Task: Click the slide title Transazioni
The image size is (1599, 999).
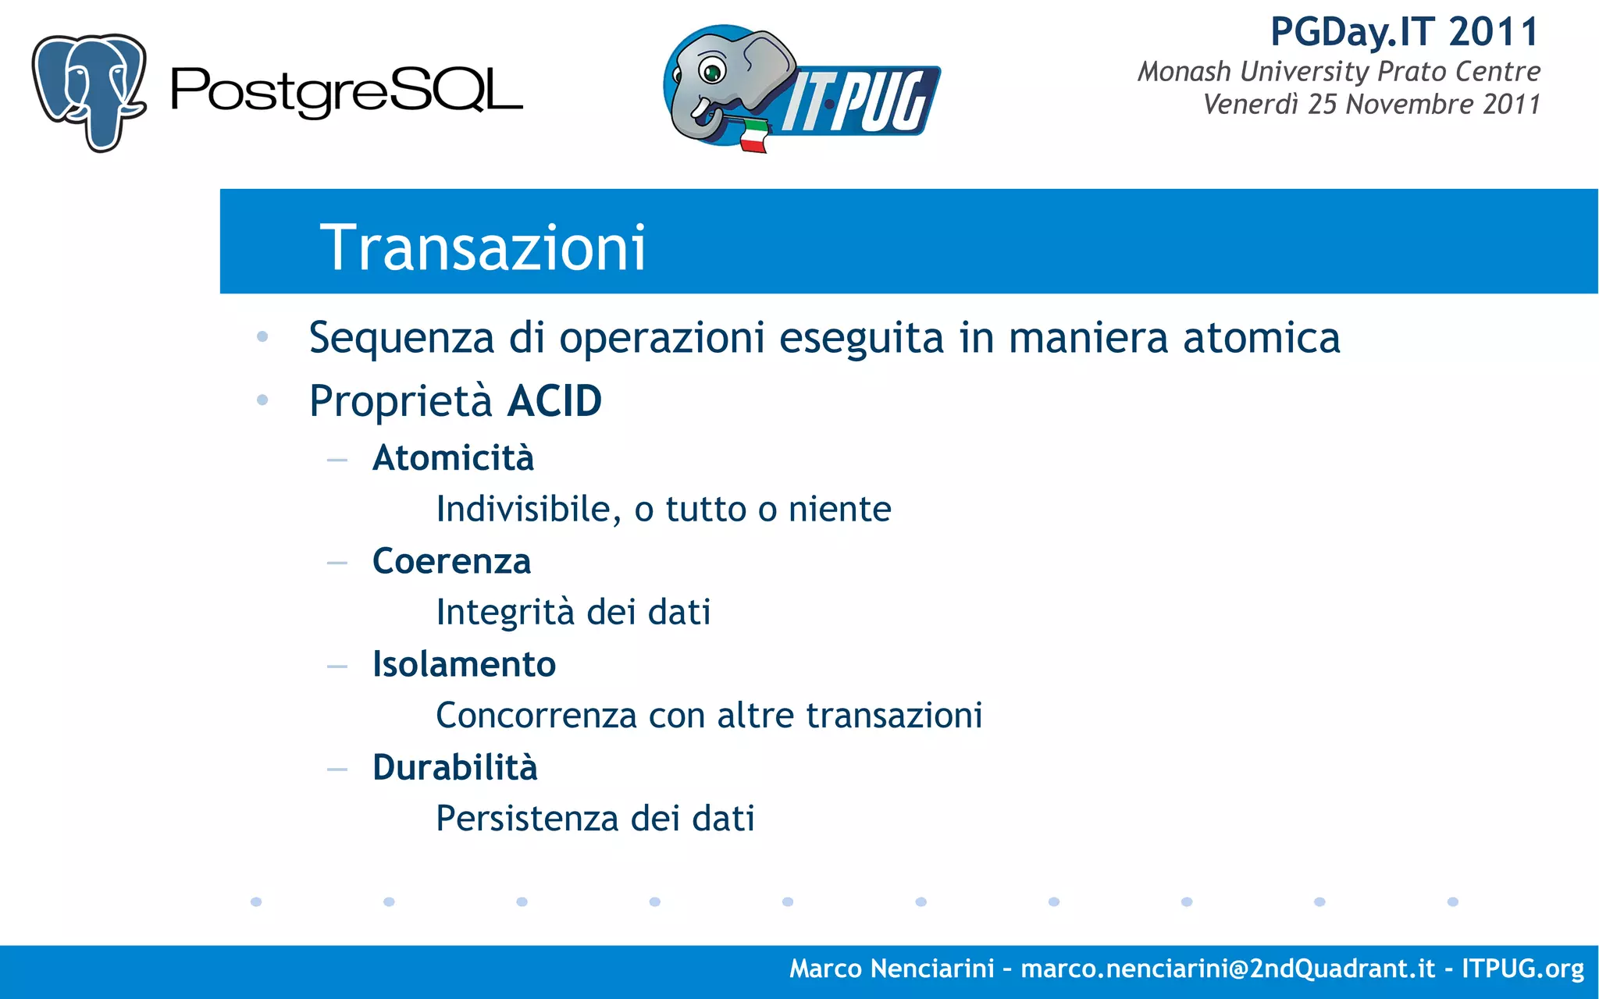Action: (483, 247)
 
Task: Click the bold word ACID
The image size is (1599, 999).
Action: (554, 401)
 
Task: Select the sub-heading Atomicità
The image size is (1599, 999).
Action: (453, 458)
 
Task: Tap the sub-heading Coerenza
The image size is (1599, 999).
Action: (451, 561)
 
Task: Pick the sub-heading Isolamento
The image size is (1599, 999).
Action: (464, 664)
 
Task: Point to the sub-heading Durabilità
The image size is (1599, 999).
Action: (454, 767)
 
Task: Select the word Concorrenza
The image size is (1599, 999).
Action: (536, 715)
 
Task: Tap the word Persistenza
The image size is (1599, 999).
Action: (527, 819)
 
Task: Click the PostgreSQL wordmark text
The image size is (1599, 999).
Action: (346, 91)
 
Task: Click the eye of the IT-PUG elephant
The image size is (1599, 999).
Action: (711, 73)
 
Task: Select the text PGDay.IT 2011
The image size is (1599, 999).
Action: (1404, 32)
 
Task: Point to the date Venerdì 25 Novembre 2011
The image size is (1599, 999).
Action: (1371, 104)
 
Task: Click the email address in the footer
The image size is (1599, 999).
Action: (1227, 969)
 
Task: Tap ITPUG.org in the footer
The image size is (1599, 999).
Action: (1522, 969)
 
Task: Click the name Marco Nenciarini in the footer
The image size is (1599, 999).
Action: (891, 969)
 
